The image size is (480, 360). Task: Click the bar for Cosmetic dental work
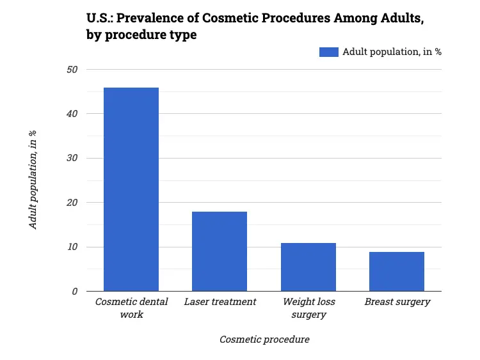pos(131,189)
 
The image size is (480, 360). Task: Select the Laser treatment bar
pos(220,251)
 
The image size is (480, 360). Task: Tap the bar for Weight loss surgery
pos(308,267)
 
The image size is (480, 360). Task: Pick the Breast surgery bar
pos(397,271)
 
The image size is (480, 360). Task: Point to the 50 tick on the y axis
pos(72,69)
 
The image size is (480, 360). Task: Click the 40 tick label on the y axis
pos(72,114)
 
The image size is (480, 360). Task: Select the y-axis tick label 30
pos(72,158)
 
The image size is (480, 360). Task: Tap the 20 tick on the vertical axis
pos(72,203)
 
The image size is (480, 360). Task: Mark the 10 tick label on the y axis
pos(72,247)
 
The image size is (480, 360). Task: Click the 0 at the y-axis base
pos(75,292)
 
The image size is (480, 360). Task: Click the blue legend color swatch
pos(328,52)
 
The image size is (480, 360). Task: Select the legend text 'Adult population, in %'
pos(392,52)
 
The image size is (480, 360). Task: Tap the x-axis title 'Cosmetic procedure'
pos(264,340)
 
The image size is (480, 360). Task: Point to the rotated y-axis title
pos(33,180)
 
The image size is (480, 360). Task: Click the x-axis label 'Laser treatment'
pos(220,302)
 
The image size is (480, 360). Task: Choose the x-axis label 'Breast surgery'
pos(397,302)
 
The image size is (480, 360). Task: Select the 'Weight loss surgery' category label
pos(308,308)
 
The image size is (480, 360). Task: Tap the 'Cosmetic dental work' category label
pos(131,308)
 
